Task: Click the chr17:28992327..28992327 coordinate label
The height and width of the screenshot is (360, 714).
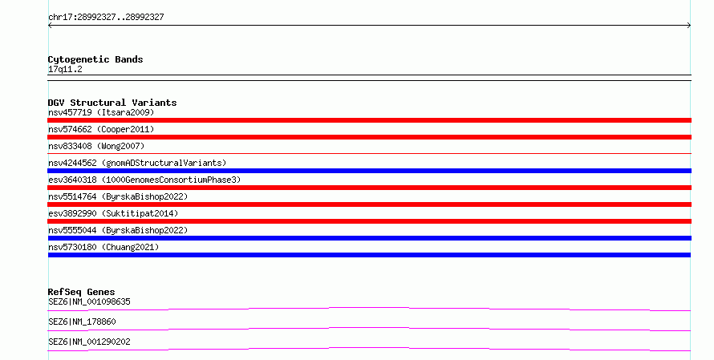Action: point(106,18)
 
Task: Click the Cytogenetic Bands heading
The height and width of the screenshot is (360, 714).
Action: point(95,59)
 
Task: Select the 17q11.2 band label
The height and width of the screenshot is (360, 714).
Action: point(65,69)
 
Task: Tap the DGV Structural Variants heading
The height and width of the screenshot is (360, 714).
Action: point(112,103)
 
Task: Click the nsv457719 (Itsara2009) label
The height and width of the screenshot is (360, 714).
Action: point(101,112)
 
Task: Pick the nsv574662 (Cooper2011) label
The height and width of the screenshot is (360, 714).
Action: point(101,129)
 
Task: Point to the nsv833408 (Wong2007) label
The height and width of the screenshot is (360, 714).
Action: point(96,146)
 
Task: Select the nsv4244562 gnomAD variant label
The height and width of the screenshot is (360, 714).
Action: point(137,163)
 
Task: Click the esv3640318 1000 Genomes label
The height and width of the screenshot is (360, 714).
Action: point(144,180)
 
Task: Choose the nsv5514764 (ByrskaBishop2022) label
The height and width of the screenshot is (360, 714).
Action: point(118,196)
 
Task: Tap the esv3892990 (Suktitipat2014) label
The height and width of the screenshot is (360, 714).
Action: point(113,213)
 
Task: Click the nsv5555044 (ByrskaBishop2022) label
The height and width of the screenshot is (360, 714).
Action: point(118,230)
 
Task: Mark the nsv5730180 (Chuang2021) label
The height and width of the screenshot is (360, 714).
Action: point(103,247)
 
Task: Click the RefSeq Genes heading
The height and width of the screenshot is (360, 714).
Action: point(82,292)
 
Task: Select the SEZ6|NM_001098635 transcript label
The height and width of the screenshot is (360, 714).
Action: point(89,301)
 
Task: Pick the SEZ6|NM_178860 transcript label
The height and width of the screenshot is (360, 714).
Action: point(82,322)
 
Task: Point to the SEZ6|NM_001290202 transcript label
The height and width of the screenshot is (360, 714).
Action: point(89,342)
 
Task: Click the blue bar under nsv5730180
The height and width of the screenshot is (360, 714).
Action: point(369,255)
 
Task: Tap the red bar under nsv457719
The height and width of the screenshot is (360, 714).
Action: point(369,120)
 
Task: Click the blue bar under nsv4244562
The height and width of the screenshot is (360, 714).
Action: point(369,171)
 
